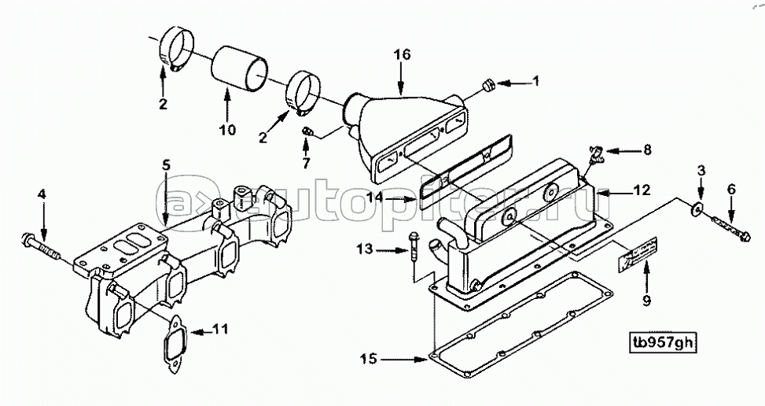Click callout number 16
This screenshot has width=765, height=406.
pyautogui.click(x=402, y=54)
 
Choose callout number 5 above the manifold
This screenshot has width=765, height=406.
pyautogui.click(x=166, y=165)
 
